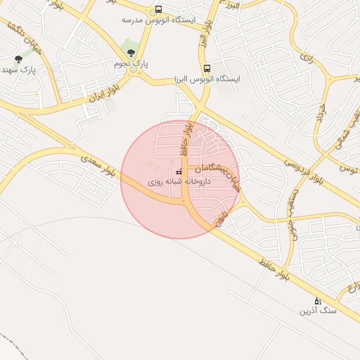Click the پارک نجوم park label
coord(131,64)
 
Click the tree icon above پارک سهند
coord(18,59)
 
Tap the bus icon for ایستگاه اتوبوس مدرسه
coord(157,10)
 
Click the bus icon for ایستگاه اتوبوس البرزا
coord(207,69)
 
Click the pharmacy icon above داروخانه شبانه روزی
coord(178,172)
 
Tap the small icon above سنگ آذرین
coord(317,300)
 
